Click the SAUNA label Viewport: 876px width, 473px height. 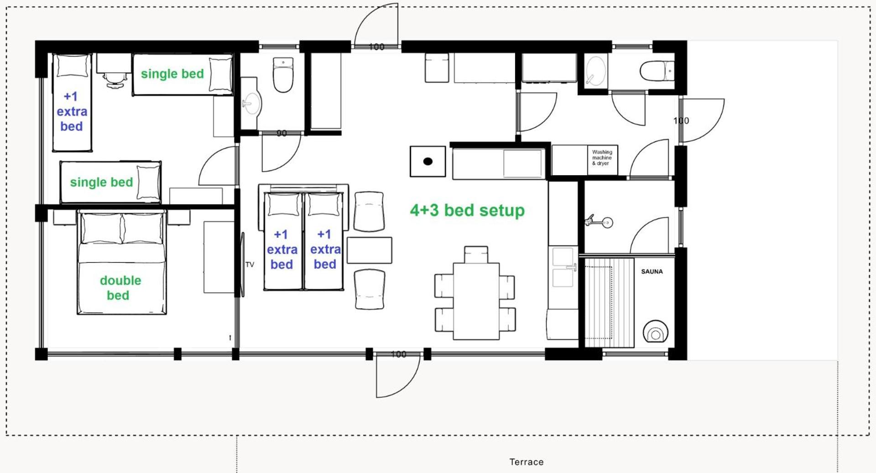click(652, 271)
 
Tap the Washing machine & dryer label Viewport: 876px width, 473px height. click(602, 157)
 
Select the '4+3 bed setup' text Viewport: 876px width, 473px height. click(467, 210)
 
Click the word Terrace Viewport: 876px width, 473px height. click(527, 462)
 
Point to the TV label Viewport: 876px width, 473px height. click(250, 265)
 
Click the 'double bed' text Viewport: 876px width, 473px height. click(120, 288)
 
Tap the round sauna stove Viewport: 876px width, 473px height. click(656, 332)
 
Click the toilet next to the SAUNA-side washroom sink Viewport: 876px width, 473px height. click(657, 71)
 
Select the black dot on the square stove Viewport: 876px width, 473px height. click(428, 161)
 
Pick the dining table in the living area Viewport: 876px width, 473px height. click(476, 301)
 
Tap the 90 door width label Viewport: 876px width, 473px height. click(282, 133)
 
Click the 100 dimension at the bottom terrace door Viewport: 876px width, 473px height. click(398, 354)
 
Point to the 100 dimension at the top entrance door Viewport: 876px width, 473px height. click(376, 47)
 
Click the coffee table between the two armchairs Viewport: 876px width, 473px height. click(369, 250)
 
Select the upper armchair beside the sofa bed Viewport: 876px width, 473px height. click(369, 211)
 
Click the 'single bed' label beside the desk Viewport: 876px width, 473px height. click(172, 74)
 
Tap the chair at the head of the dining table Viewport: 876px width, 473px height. click(476, 255)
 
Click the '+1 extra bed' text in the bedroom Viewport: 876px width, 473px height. click(72, 111)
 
